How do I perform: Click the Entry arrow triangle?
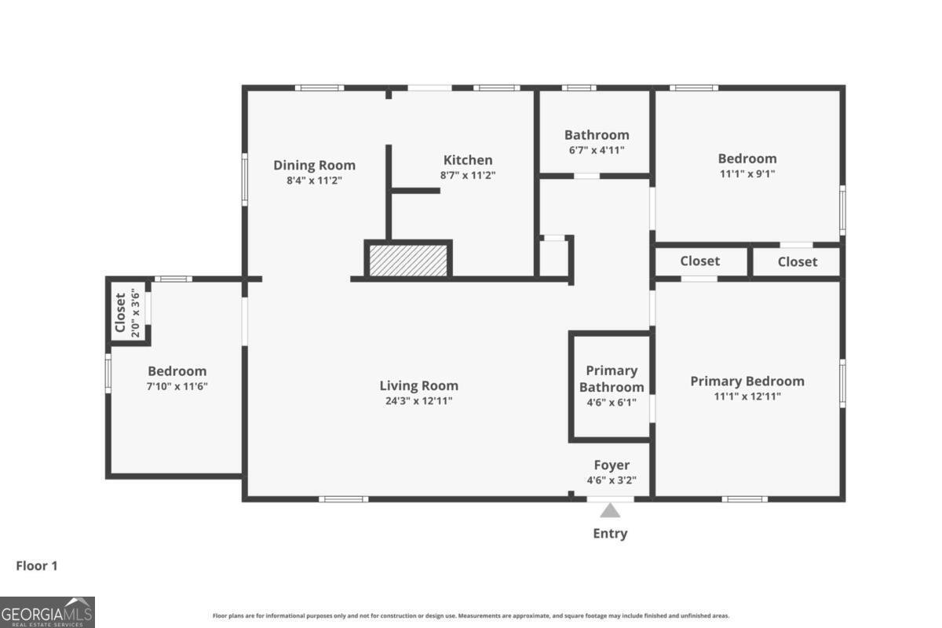click(610, 511)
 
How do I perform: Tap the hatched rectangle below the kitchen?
click(408, 261)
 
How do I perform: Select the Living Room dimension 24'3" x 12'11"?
click(419, 401)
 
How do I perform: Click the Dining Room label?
click(315, 166)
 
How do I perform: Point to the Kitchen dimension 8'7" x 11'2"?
click(468, 175)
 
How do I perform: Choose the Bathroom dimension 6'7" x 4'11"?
click(597, 150)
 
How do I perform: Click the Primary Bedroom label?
click(747, 382)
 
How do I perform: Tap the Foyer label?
click(612, 465)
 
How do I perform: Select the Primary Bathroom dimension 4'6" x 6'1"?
click(612, 403)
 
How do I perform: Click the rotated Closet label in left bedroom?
click(120, 312)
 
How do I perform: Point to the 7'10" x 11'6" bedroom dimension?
click(177, 386)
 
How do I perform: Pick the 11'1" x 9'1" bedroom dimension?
click(747, 173)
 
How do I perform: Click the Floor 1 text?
click(37, 566)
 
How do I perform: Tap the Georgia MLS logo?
click(47, 612)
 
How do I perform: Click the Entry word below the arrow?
click(610, 533)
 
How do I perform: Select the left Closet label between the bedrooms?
click(699, 261)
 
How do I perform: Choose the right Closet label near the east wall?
click(798, 261)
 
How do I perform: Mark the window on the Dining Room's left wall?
click(245, 180)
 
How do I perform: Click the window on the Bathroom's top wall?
click(579, 88)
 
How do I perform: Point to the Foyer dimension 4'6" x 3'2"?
click(612, 480)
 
